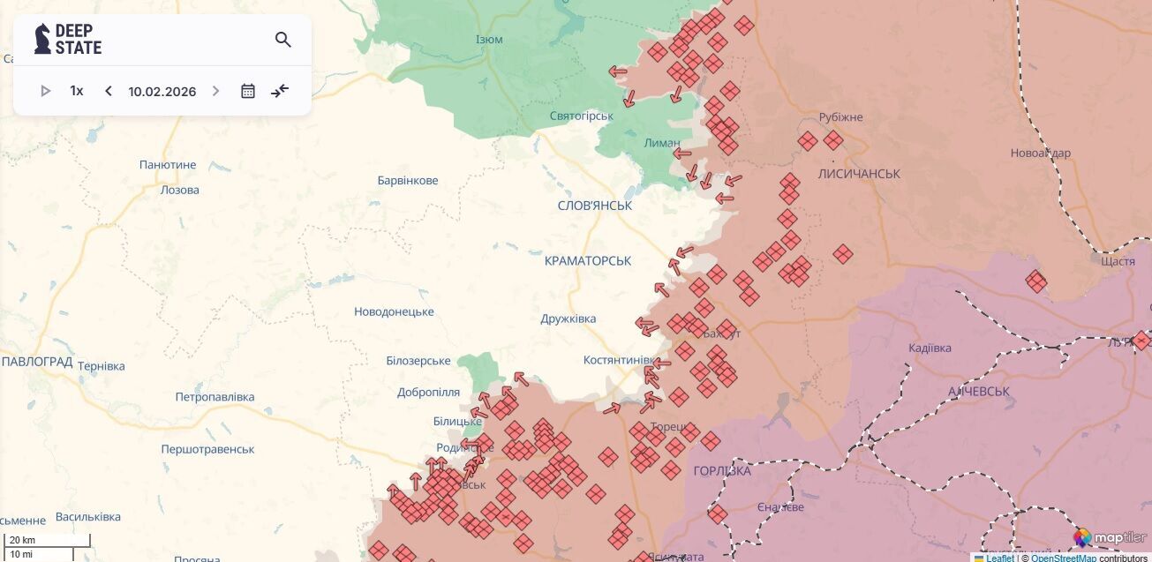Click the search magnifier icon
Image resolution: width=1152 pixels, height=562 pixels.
(282, 40)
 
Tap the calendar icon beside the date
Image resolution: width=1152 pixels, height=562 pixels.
(248, 91)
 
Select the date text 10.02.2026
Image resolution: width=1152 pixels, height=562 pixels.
(162, 91)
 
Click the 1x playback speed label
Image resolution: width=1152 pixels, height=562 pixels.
(77, 91)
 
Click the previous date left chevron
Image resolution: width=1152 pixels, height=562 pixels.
(109, 91)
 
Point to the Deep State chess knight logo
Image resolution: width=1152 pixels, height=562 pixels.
(41, 39)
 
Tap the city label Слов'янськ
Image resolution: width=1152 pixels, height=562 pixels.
(595, 205)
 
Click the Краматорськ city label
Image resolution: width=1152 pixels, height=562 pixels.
(588, 260)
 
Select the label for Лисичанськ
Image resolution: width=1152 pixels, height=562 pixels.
(859, 174)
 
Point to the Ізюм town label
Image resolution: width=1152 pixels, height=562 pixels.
(489, 41)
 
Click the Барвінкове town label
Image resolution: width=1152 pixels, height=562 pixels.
(407, 180)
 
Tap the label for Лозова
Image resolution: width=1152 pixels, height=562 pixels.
(179, 190)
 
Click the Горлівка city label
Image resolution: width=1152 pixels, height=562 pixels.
(722, 470)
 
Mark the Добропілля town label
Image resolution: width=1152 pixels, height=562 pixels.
(428, 392)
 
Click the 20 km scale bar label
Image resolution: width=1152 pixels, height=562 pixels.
(23, 540)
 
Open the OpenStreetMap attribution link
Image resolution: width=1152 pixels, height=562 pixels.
(1064, 558)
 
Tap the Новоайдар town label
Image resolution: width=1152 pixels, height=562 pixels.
(1040, 153)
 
